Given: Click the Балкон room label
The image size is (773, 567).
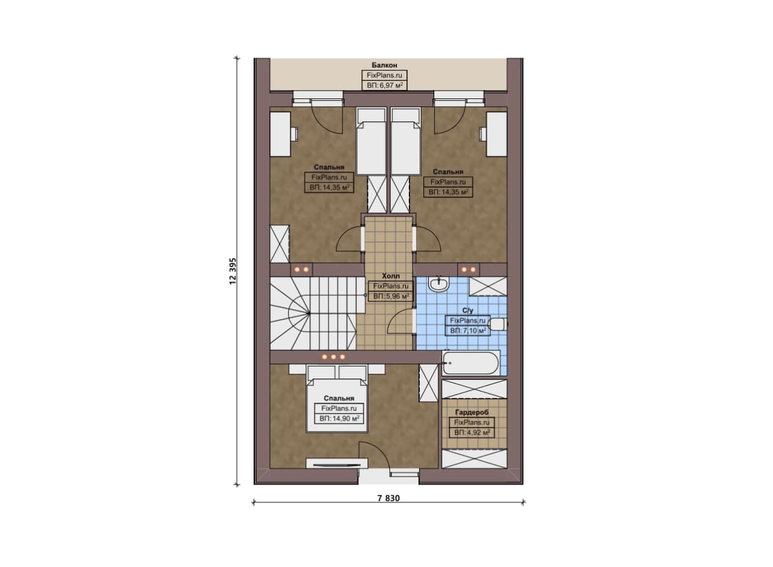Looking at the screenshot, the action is pyautogui.click(x=384, y=65).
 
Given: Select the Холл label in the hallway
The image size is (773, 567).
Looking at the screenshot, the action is pyautogui.click(x=391, y=276).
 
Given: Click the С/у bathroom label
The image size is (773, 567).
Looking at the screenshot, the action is pyautogui.click(x=467, y=310).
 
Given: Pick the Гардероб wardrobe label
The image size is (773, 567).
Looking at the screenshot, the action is pyautogui.click(x=472, y=412).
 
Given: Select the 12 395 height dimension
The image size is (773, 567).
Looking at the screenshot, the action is pyautogui.click(x=233, y=271).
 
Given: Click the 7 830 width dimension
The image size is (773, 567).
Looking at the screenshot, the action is pyautogui.click(x=388, y=498).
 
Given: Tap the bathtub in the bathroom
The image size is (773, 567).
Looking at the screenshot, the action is pyautogui.click(x=470, y=363).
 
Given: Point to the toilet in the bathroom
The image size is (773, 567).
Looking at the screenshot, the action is pyautogui.click(x=498, y=325).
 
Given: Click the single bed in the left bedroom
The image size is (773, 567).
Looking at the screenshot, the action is pyautogui.click(x=371, y=141).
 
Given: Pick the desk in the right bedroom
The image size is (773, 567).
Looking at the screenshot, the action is pyautogui.click(x=496, y=133).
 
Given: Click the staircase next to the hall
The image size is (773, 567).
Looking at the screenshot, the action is pyautogui.click(x=313, y=314).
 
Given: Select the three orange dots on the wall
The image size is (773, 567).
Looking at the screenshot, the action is pyautogui.click(x=333, y=357).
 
